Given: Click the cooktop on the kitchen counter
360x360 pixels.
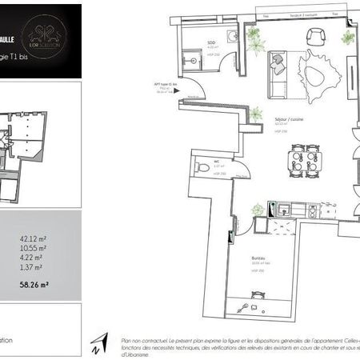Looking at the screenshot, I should click(x=308, y=210).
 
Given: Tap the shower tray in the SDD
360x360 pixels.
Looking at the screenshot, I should click(x=191, y=58).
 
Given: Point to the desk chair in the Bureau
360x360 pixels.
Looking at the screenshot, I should click(x=265, y=306).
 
